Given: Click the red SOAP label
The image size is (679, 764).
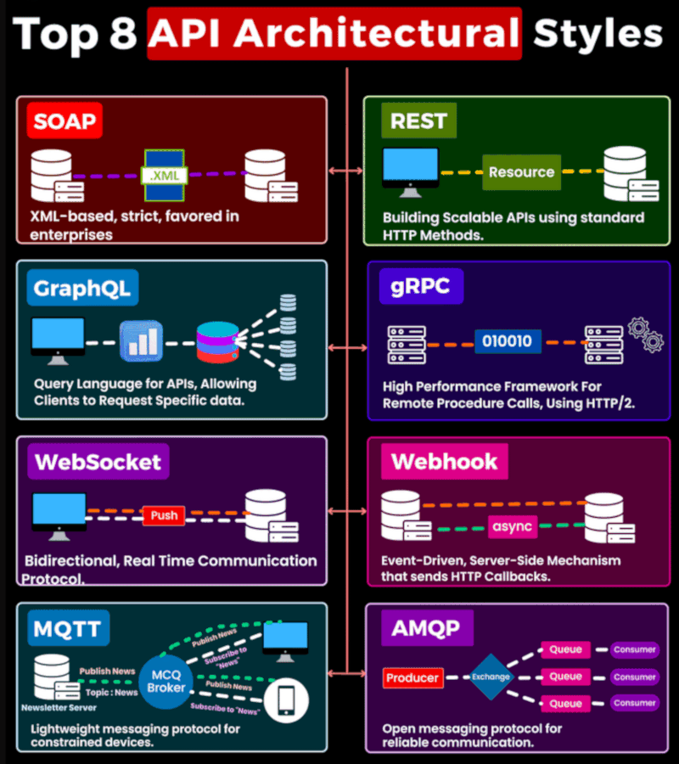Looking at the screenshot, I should pos(65,121).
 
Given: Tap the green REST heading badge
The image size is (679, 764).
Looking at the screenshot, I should pos(418,121).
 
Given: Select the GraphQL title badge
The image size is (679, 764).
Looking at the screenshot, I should pos(81,289).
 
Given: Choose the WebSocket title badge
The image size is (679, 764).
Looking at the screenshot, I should pos(98,463).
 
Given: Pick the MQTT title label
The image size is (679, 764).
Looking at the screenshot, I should pos(67,629).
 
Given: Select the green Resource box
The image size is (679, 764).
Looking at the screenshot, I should pos(521,172).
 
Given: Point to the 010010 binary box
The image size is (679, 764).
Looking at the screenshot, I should pos(507,341).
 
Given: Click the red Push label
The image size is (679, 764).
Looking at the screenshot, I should pos(164,515).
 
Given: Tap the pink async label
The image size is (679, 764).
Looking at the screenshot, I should pos(512,527).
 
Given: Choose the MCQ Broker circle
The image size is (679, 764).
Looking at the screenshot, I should pos(166,682).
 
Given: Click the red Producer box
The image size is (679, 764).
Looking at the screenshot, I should pos(412,677).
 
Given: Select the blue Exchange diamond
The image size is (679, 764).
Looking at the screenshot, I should pos(491,677).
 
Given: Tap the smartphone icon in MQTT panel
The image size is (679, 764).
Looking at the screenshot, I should pos(286,699).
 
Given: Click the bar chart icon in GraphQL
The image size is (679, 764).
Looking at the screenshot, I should pos(140,341).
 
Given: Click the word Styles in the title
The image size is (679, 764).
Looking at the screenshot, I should pos(598,34).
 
